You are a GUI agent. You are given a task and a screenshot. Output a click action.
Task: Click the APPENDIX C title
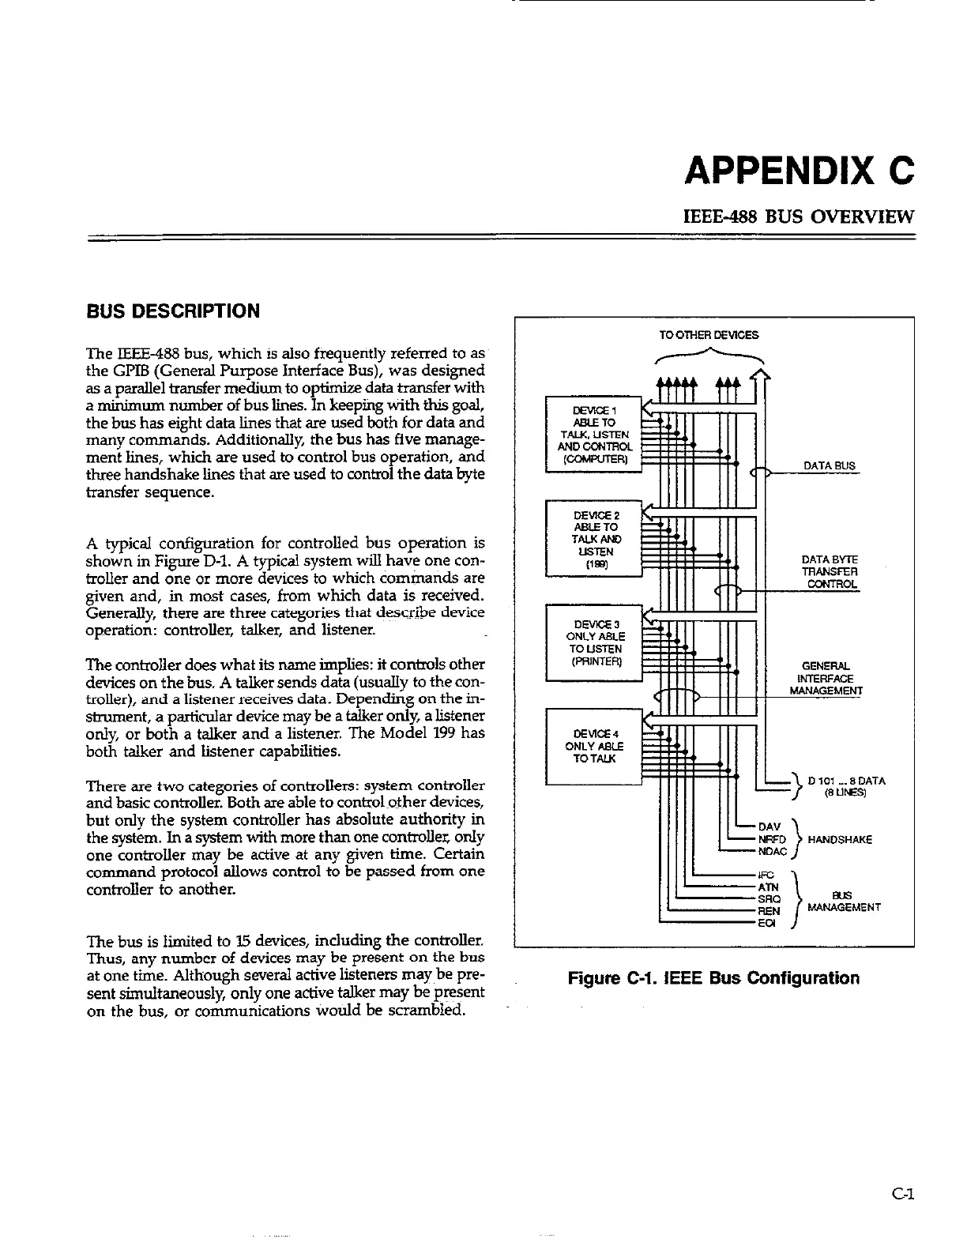799,171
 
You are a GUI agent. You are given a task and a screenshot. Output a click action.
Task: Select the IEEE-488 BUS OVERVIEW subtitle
798,216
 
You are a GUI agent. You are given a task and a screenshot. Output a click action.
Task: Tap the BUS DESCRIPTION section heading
172,311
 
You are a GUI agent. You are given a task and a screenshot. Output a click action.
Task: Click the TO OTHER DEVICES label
709,335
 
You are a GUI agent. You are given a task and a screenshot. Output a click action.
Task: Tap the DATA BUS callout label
829,466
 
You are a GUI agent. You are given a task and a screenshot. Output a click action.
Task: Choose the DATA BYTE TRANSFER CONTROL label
829,572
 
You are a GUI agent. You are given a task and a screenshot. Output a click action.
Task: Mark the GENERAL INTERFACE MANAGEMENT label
826,679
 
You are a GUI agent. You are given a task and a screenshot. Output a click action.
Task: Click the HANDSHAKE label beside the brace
840,840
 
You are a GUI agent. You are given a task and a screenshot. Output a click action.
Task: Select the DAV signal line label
769,827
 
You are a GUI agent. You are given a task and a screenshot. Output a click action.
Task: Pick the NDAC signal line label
771,852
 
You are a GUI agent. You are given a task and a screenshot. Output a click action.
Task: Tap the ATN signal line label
768,887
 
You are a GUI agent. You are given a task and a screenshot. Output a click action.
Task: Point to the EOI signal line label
766,923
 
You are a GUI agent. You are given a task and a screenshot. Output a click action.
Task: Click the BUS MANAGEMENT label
844,902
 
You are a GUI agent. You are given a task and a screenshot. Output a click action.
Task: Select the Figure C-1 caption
713,978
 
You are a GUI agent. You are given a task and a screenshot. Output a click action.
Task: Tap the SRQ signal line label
769,899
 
